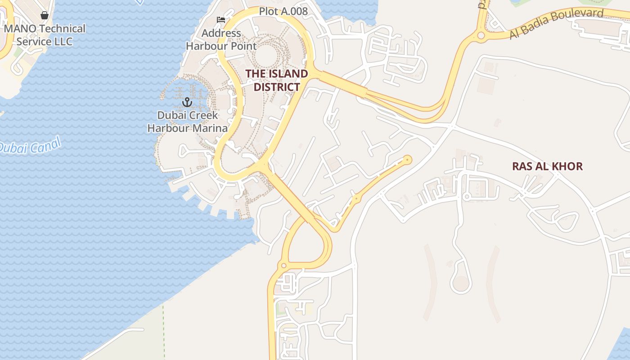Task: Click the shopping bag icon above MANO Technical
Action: coord(45,15)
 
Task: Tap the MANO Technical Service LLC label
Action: coord(45,35)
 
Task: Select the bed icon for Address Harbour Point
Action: coord(221,20)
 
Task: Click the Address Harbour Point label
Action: coord(221,40)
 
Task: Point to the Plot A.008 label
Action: coord(283,11)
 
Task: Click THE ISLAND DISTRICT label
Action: coord(277,80)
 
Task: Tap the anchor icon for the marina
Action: coord(187,102)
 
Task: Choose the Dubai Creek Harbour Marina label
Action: coord(188,121)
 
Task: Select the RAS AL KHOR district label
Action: coord(547,166)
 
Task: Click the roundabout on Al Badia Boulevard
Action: coord(481,35)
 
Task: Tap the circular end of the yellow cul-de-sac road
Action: coord(408,159)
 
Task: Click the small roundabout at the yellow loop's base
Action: coord(283,265)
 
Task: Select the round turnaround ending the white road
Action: coord(461,283)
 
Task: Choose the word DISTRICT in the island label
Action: coord(277,87)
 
